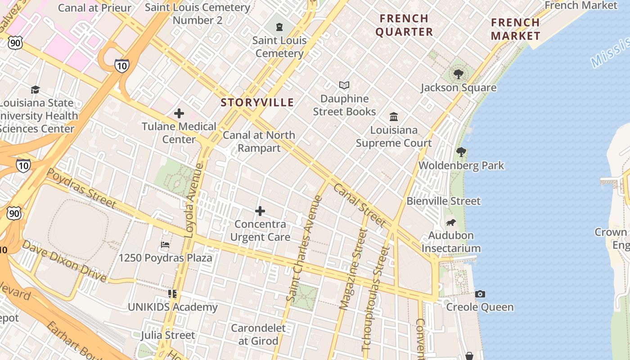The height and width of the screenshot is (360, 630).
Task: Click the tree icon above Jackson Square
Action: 459,74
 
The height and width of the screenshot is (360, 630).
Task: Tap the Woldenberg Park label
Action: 461,166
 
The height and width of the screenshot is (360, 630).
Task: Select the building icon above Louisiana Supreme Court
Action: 394,117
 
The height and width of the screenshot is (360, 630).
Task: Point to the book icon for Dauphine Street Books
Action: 344,85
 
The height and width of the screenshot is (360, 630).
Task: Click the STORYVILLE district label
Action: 257,103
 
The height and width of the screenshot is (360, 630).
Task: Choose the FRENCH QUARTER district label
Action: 404,25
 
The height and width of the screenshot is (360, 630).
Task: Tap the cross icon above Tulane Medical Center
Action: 179,113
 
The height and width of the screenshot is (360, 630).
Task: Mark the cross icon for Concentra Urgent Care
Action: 260,211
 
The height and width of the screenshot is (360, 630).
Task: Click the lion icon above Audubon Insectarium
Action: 451,223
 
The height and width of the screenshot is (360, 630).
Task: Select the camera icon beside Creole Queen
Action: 480,294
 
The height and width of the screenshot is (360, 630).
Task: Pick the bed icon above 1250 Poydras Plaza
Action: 165,245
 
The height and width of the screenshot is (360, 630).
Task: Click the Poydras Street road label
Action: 81,189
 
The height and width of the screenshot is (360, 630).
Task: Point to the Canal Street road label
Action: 360,205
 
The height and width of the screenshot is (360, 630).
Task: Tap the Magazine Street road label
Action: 353,269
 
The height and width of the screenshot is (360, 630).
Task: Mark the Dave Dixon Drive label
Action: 64,261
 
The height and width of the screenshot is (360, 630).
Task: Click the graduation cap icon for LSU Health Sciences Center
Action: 35,90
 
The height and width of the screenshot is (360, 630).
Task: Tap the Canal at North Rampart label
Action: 259,141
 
